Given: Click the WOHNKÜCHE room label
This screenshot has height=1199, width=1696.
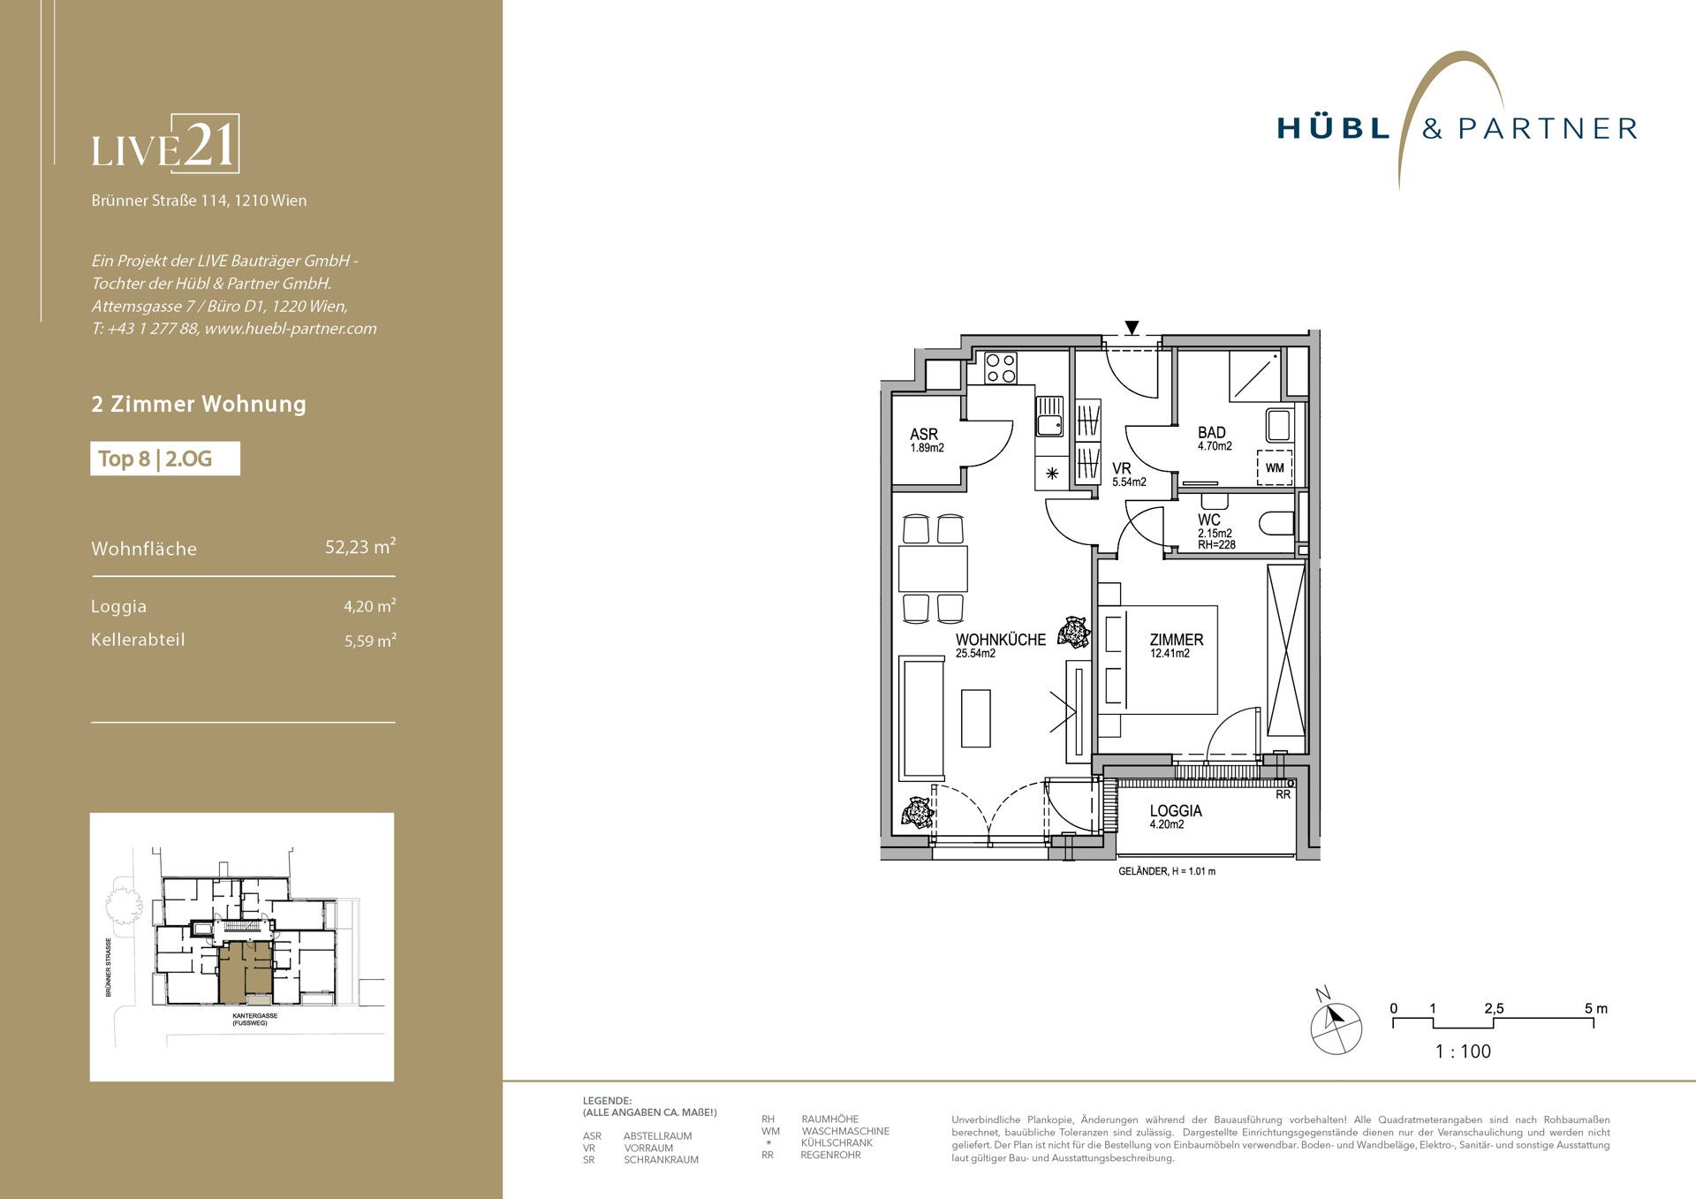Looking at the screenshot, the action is coord(1000,640).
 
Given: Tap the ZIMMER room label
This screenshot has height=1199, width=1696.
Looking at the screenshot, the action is coord(1177,640).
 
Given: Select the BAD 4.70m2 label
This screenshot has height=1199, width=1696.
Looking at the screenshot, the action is coord(1215,438).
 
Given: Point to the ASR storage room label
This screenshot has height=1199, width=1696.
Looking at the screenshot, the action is coord(924,435).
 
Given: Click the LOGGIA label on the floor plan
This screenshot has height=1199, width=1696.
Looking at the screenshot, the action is coord(1176,810).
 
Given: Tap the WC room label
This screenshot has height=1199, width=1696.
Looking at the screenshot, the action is coord(1209,520).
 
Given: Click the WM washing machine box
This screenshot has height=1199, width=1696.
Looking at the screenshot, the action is coord(1275,467).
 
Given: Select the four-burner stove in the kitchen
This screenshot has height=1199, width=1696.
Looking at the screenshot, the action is coord(1001,368).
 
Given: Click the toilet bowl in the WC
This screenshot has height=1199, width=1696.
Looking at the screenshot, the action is coord(1278,523).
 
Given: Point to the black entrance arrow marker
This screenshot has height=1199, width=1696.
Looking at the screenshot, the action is coord(1132,328).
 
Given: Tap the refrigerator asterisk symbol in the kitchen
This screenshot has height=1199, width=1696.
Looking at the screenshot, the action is coord(1052,474).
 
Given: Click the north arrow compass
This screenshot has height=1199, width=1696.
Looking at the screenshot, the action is coord(1336,1026).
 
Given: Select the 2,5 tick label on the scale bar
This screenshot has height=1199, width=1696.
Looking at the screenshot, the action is coord(1494,1008).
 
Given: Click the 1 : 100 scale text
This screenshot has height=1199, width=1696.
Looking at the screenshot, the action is coord(1463,1051).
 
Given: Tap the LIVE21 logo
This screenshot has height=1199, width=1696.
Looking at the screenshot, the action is coord(165,144).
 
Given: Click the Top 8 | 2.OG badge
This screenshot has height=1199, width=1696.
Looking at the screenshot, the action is coord(165,459).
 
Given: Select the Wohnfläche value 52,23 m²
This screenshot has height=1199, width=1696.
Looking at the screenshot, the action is coord(360,547).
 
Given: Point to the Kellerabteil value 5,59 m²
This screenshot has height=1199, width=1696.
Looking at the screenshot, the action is coord(370,641).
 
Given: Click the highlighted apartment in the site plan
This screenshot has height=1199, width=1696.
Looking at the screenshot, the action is coord(246,971).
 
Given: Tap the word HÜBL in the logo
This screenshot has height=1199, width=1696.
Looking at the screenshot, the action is coord(1334,129).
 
